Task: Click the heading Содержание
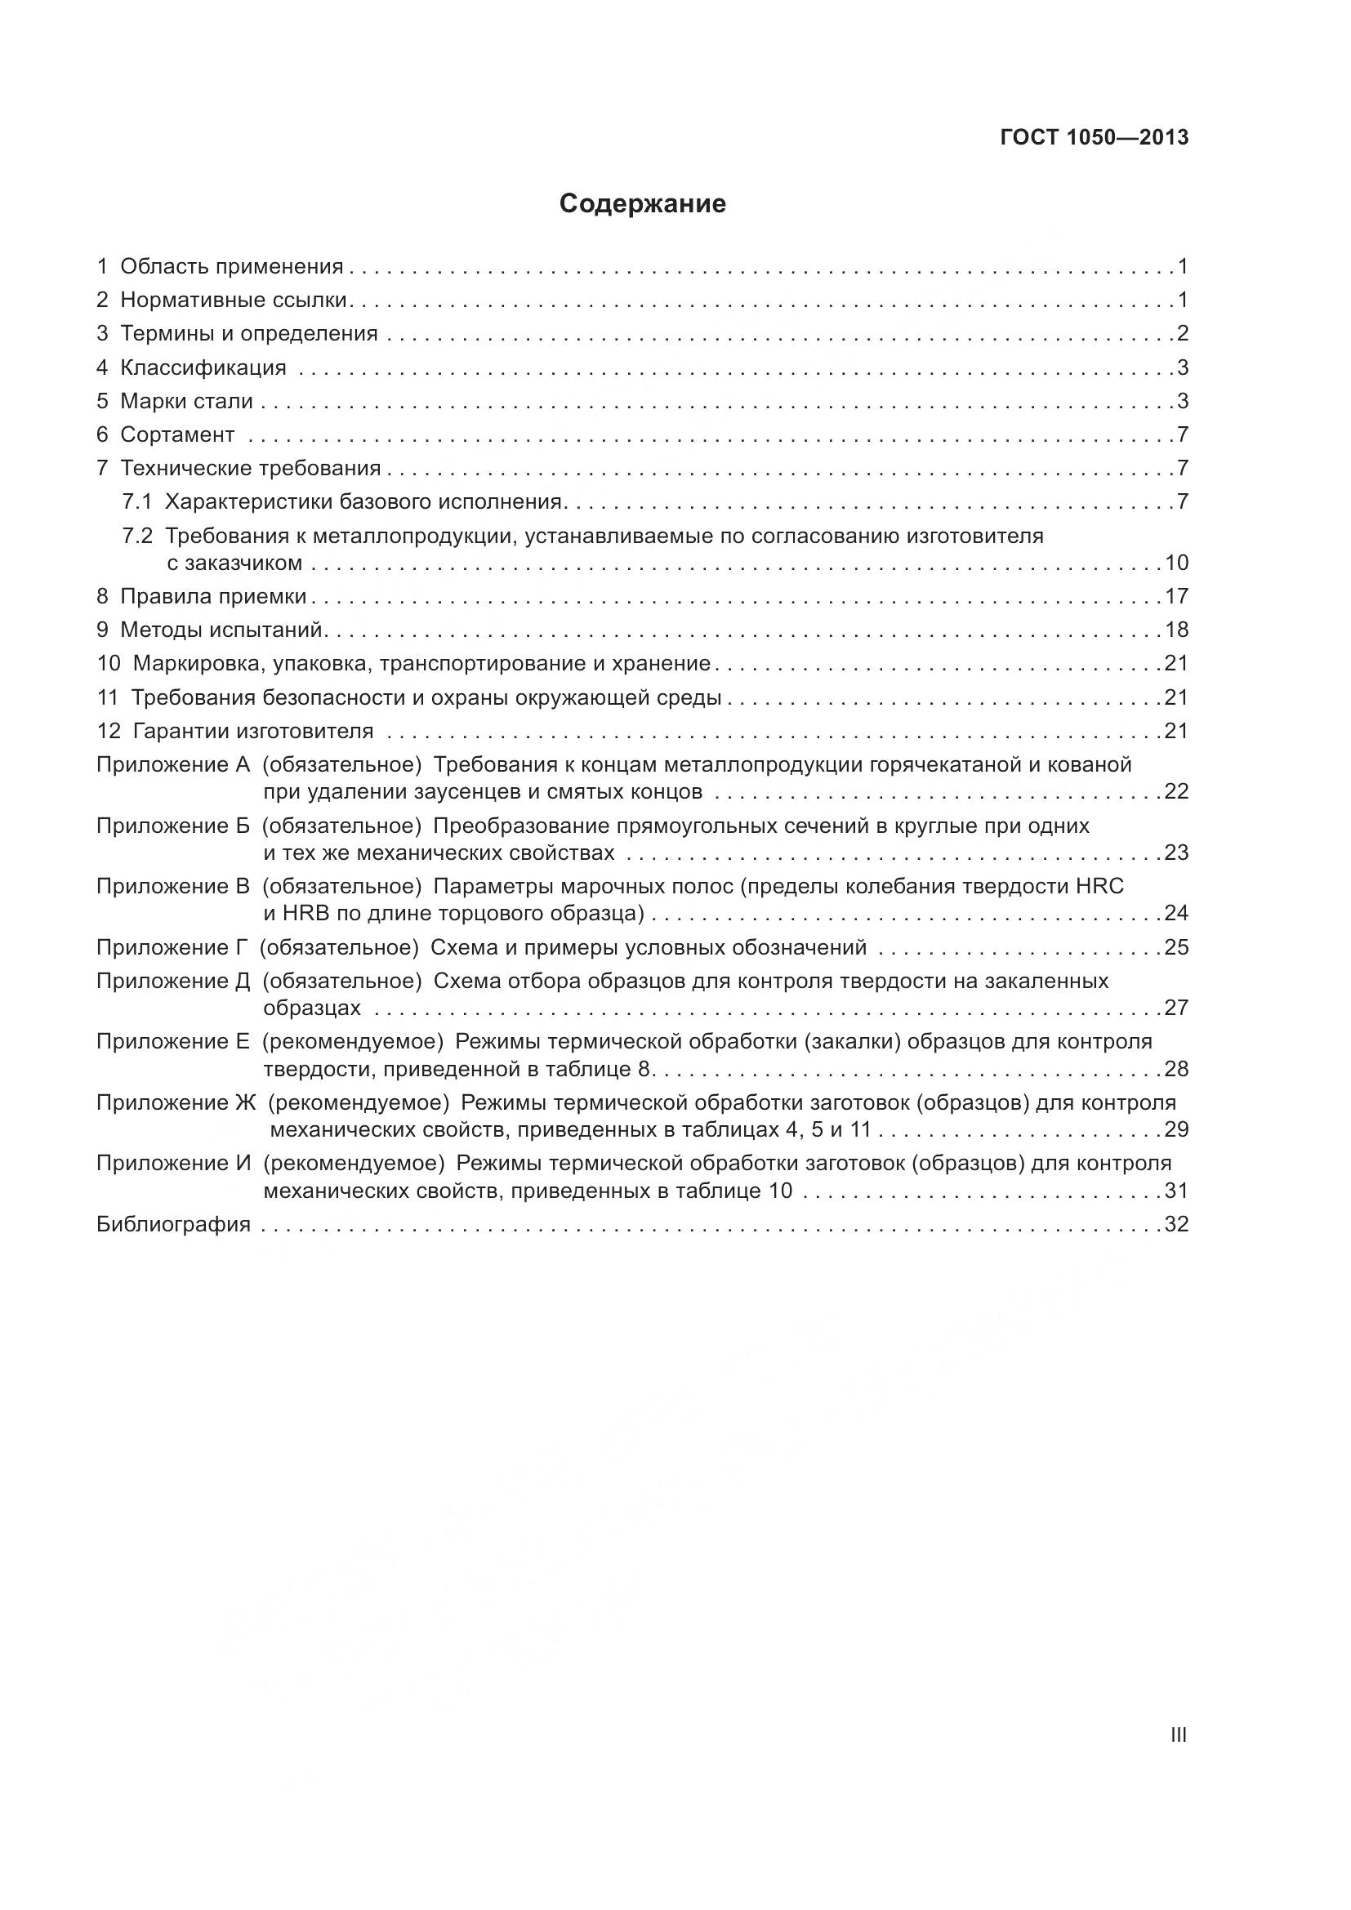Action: click(x=642, y=204)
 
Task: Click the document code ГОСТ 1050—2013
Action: click(x=1094, y=138)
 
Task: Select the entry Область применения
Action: click(x=231, y=266)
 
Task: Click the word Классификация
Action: click(x=203, y=367)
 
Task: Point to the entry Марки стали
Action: click(x=186, y=401)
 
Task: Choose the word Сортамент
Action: click(x=177, y=434)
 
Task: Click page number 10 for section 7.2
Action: click(x=1176, y=563)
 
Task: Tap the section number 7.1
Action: click(x=137, y=501)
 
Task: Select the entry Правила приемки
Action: click(x=213, y=596)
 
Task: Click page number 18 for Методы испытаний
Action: click(x=1176, y=630)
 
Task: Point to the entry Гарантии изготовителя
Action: click(x=253, y=731)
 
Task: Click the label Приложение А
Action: click(x=173, y=764)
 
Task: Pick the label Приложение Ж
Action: click(x=176, y=1102)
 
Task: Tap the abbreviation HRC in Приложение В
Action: click(x=1099, y=886)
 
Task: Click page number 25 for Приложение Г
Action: click(x=1176, y=947)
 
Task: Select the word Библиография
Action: click(x=173, y=1224)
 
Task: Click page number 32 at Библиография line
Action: click(x=1176, y=1224)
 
